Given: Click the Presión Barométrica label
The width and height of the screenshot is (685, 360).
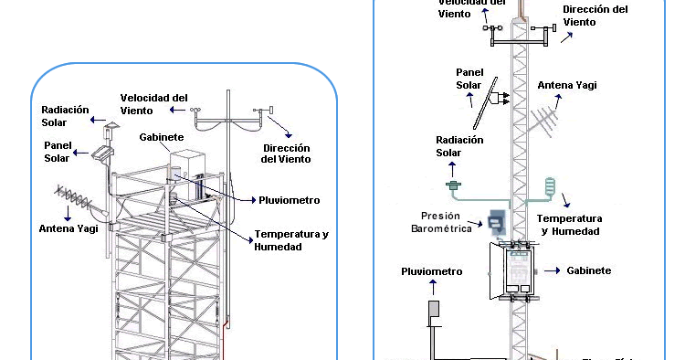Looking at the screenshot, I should coord(441,223).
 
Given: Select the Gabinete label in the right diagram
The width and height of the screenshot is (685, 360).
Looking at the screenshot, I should coord(589,271).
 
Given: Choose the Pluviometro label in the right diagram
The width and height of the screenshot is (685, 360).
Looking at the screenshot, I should coord(431,271).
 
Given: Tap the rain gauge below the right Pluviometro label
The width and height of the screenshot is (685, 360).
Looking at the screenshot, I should coord(434,311).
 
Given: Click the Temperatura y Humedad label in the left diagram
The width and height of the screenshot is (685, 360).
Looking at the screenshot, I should coord(290,239).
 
